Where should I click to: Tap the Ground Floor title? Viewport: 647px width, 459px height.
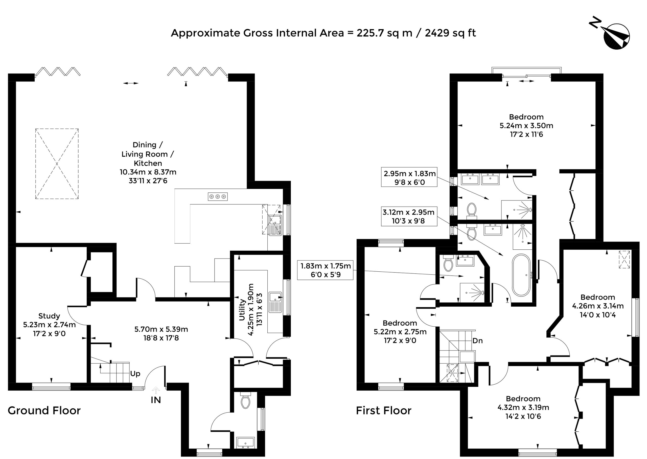click(44, 410)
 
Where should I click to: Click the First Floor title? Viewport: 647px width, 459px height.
click(384, 410)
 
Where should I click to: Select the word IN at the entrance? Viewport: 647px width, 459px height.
click(156, 400)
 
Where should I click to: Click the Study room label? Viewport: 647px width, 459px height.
click(49, 316)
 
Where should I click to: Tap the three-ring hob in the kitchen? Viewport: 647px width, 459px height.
click(218, 196)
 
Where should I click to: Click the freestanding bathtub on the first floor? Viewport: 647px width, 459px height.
click(521, 275)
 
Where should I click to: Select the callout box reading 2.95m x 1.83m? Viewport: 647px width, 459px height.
click(409, 177)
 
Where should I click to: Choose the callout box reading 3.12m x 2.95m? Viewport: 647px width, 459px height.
click(409, 216)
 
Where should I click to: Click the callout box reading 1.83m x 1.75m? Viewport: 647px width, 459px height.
click(325, 270)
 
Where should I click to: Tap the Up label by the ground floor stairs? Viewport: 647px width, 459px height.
click(135, 374)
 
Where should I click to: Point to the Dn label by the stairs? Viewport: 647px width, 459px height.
click(478, 341)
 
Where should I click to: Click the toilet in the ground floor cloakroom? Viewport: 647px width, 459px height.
click(245, 400)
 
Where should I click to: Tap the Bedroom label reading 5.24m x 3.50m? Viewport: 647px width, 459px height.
click(526, 126)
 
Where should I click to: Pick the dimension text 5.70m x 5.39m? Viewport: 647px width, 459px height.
click(161, 329)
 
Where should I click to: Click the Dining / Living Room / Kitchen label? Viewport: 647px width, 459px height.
click(148, 154)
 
